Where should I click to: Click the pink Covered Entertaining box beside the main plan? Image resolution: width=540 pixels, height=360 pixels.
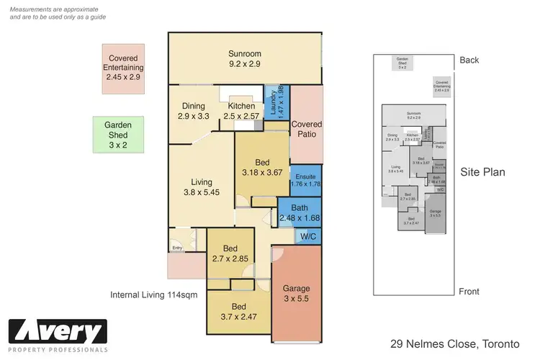point(124,68)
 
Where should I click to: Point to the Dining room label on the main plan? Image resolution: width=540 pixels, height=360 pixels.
point(192,106)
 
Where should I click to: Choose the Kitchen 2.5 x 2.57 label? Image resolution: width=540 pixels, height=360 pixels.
point(241,110)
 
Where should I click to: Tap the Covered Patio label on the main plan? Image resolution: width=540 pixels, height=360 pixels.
point(306,130)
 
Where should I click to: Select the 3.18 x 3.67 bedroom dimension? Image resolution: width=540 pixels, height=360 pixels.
point(261,173)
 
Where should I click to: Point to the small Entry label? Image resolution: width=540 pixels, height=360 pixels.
point(176,249)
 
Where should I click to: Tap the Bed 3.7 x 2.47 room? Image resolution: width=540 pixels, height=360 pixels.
point(238,310)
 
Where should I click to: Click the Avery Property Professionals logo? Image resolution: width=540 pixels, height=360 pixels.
point(58,336)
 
